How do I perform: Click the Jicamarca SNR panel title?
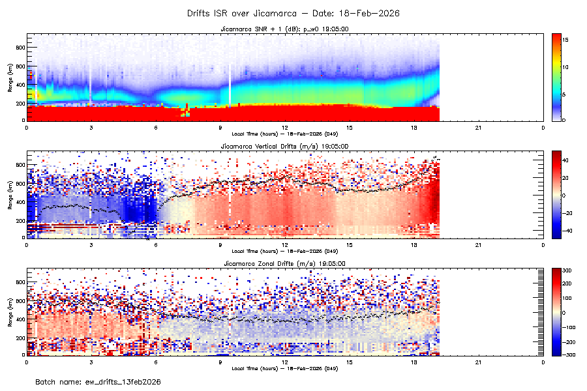[285, 29]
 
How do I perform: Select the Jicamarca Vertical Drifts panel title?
[285, 147]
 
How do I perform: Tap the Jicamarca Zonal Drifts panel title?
[285, 263]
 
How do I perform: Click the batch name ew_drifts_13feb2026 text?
[98, 381]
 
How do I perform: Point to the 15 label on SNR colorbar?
[566, 40]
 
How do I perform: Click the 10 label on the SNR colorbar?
[566, 67]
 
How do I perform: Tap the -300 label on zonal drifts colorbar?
[567, 355]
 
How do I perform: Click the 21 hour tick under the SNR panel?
[478, 127]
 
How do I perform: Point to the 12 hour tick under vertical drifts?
[285, 244]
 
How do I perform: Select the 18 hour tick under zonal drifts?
[414, 361]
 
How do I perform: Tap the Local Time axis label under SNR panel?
[285, 134]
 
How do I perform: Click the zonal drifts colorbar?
[556, 311]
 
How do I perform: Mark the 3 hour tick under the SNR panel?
[91, 127]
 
